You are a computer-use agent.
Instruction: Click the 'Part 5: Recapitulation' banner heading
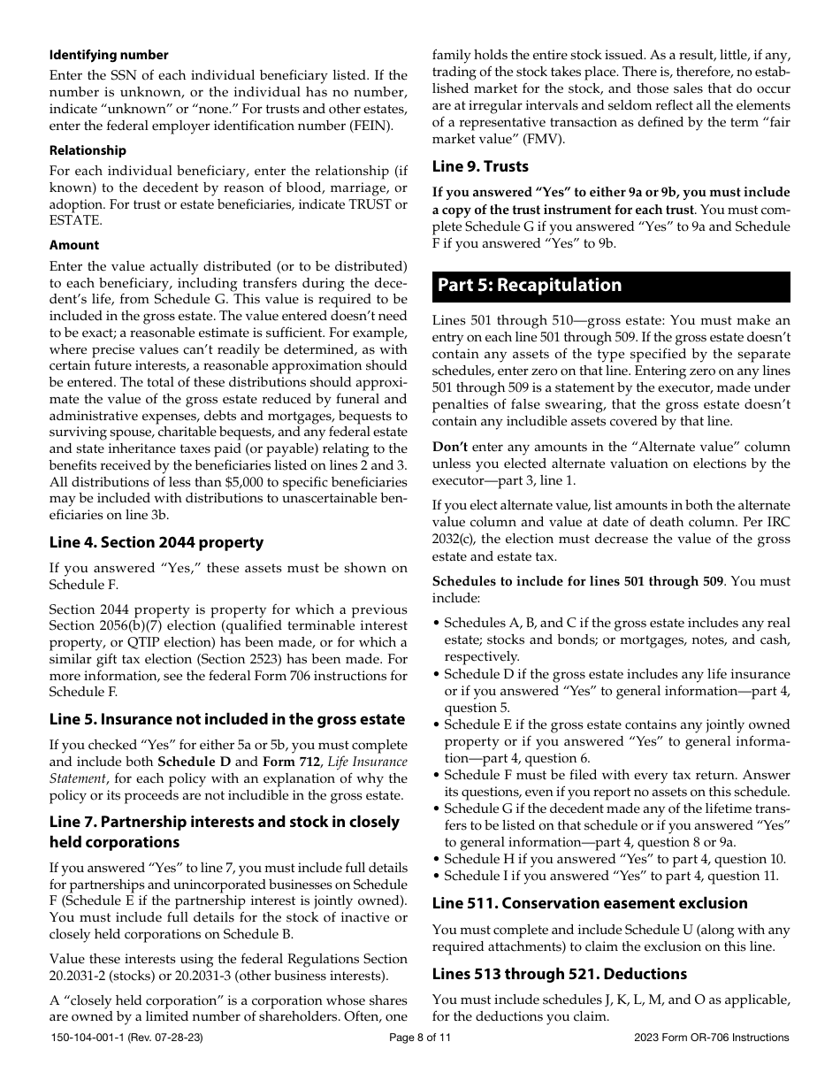click(529, 285)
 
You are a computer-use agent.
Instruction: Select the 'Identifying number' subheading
click(109, 55)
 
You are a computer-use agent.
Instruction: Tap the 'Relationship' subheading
click(88, 150)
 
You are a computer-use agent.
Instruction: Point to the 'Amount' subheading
click(74, 245)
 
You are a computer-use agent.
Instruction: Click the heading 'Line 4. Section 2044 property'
click(157, 542)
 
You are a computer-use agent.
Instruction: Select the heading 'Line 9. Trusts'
click(480, 166)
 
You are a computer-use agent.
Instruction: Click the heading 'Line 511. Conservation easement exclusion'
click(590, 903)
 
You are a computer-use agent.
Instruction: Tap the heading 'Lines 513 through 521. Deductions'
click(559, 974)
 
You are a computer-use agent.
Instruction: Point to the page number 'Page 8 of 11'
click(420, 1038)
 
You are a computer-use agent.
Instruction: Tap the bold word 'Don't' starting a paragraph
click(450, 447)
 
